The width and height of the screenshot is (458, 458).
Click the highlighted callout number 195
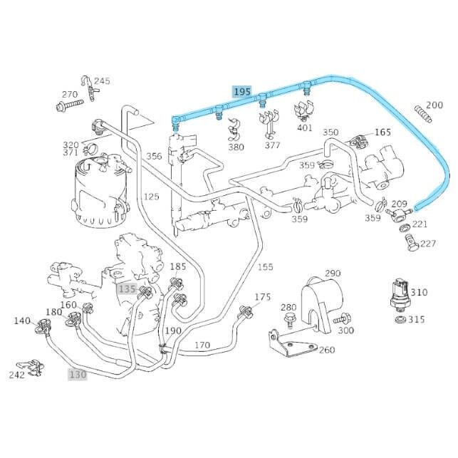pyautogui.click(x=242, y=92)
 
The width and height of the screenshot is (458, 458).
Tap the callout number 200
pyautogui.click(x=434, y=104)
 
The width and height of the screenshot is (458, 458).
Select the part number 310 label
pyautogui.click(x=419, y=292)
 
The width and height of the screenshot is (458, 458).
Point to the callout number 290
pyautogui.click(x=333, y=273)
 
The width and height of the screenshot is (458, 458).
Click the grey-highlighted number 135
pyautogui.click(x=127, y=288)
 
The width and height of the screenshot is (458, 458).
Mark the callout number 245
pyautogui.click(x=102, y=81)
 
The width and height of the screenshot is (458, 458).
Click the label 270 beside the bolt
pyautogui.click(x=69, y=95)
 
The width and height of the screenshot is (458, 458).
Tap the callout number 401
pyautogui.click(x=305, y=128)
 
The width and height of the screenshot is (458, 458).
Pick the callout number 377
pyautogui.click(x=272, y=145)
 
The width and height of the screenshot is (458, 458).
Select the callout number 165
pyautogui.click(x=382, y=132)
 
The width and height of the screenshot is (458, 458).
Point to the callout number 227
pyautogui.click(x=427, y=244)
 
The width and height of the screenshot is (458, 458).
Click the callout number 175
pyautogui.click(x=263, y=296)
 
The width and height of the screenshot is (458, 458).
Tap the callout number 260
pyautogui.click(x=327, y=350)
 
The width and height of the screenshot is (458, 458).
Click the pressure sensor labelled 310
pyautogui.click(x=400, y=295)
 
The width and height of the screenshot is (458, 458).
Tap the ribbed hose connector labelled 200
pyautogui.click(x=424, y=113)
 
